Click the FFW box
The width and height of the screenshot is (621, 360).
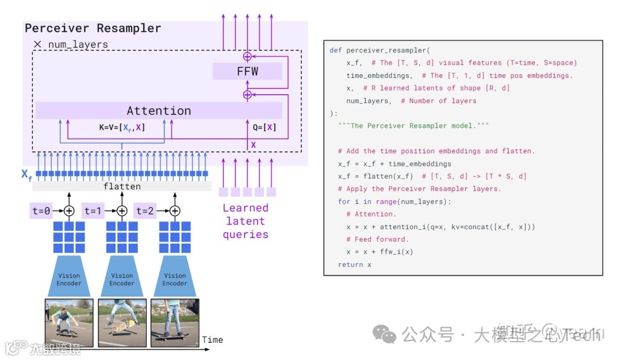(x=247, y=72)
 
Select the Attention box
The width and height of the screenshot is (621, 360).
(x=159, y=110)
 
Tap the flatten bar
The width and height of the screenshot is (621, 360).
(x=122, y=186)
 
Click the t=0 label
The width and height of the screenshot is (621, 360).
(x=41, y=210)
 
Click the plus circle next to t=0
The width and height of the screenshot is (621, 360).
(x=69, y=210)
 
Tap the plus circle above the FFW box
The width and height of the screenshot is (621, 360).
(x=248, y=56)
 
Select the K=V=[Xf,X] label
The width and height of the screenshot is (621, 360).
(x=121, y=128)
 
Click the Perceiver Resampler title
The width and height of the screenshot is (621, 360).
(x=93, y=28)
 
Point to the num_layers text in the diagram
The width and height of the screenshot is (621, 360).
(x=78, y=44)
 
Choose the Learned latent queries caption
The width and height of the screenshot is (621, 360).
(x=246, y=221)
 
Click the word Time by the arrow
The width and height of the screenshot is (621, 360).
(x=212, y=340)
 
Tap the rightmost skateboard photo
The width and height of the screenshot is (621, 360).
(x=175, y=322)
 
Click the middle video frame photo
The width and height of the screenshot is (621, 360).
(x=122, y=322)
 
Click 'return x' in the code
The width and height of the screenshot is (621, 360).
(x=355, y=265)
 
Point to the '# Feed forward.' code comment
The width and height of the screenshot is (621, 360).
(x=377, y=239)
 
